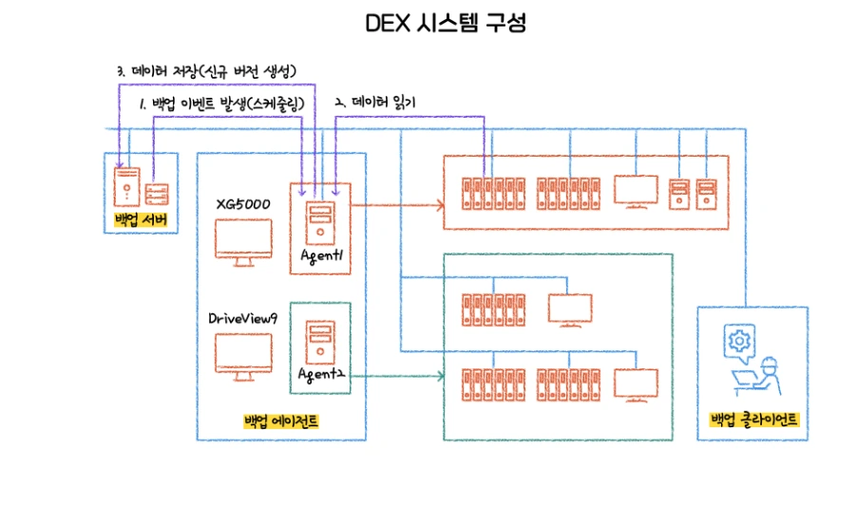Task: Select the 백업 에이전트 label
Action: coord(280,422)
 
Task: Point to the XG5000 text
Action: coord(243,203)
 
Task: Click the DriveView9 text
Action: coord(242,319)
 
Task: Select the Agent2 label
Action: coord(320,375)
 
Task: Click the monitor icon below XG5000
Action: coord(242,240)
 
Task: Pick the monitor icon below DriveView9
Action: coord(242,359)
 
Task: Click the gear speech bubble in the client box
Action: coord(735,341)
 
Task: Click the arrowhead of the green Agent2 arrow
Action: coord(440,376)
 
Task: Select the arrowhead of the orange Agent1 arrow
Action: coord(440,203)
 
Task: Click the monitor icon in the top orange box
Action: coord(636,191)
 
